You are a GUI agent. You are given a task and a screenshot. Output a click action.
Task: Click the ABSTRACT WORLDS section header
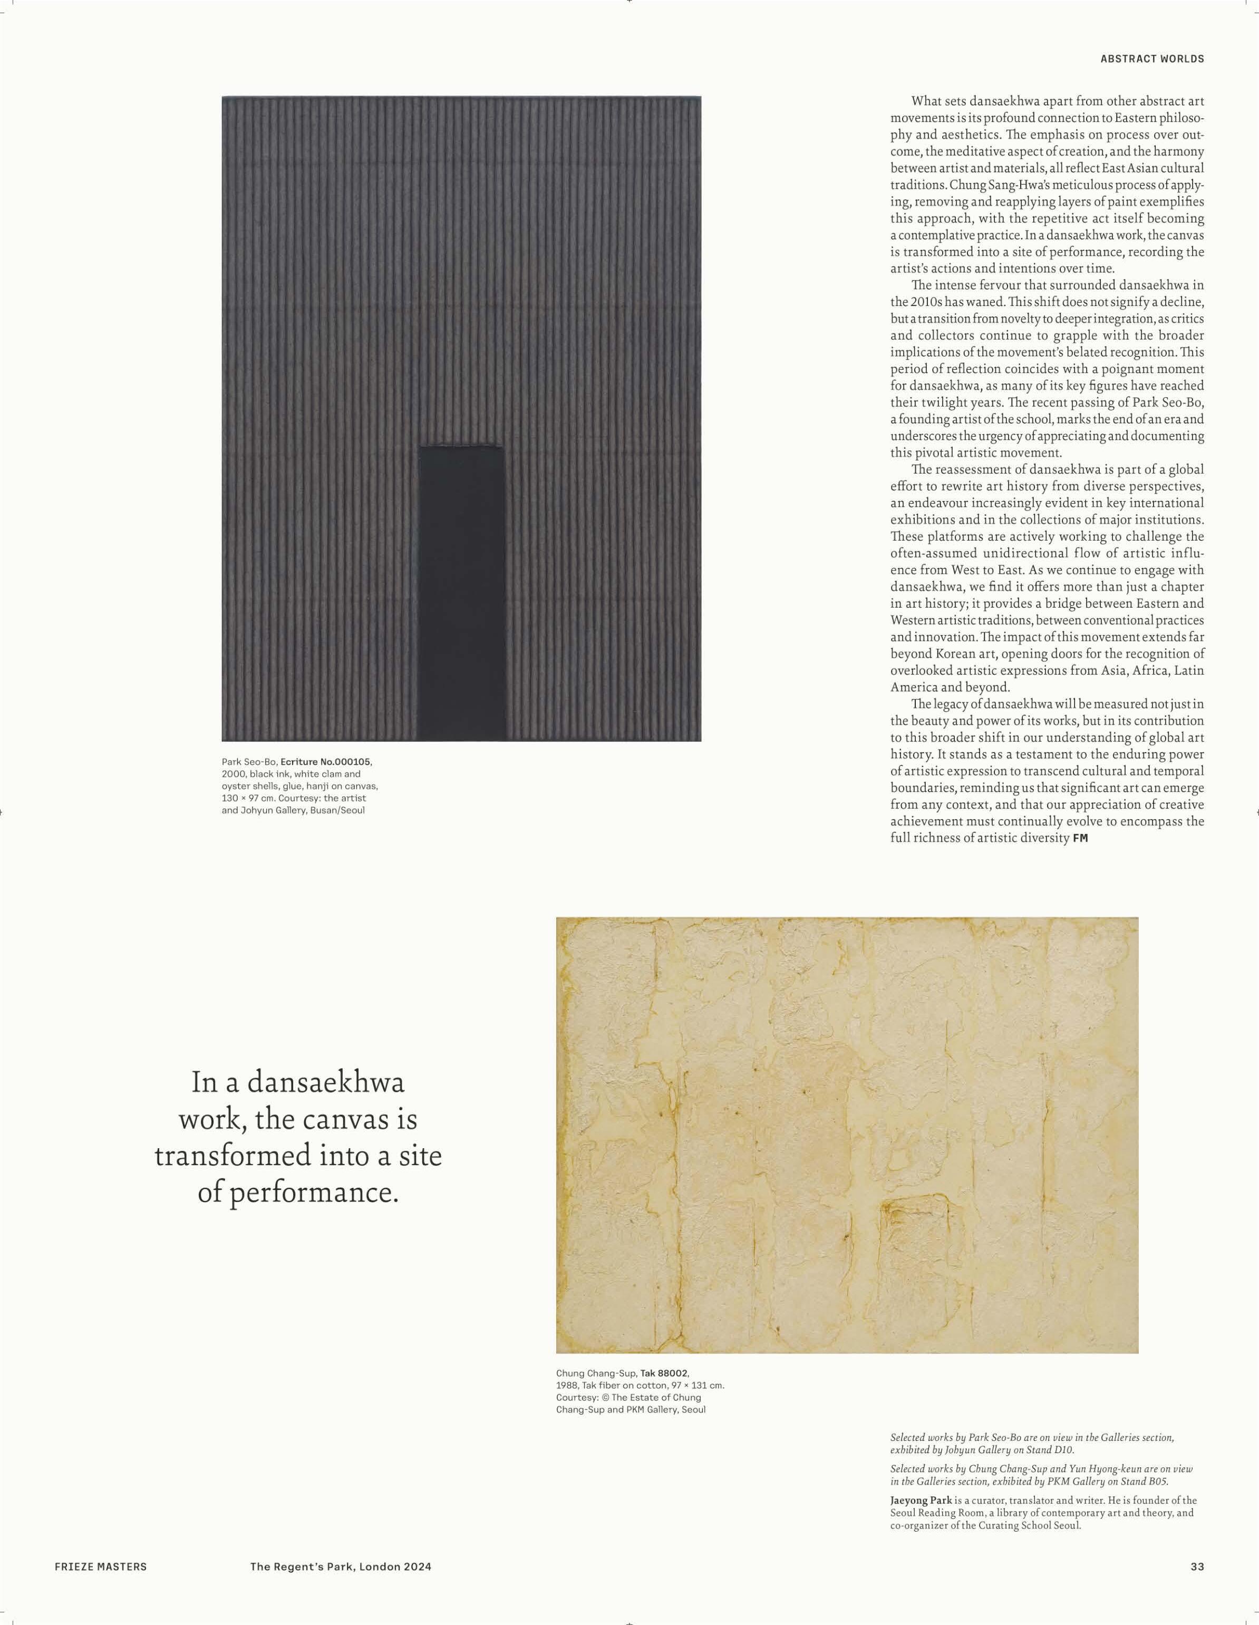1152,59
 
